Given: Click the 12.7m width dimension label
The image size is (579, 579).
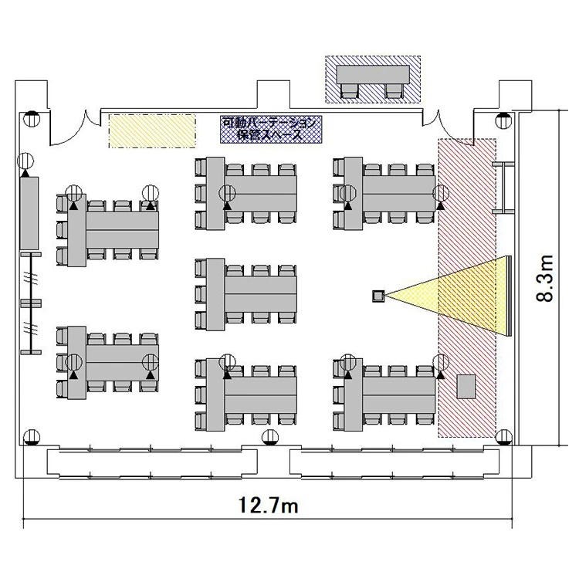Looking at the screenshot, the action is click(268, 505).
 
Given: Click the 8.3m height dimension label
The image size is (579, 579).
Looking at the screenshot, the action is click(545, 278).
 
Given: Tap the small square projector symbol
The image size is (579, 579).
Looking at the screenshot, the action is click(378, 296).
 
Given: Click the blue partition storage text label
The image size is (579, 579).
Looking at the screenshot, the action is click(271, 129).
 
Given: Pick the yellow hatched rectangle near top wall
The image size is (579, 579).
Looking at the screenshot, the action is click(152, 131).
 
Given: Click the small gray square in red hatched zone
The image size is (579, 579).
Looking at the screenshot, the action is click(466, 386).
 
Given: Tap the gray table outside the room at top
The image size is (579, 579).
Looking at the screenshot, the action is click(373, 75).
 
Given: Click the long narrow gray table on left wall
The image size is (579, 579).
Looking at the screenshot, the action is click(29, 213).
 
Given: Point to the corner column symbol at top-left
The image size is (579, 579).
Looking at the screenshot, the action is click(31, 119).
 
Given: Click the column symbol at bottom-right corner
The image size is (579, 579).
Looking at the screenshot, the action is click(503, 437).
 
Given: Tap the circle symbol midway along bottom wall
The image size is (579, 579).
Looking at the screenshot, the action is click(271, 437).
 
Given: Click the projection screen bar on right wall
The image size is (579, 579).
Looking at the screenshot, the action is click(510, 296).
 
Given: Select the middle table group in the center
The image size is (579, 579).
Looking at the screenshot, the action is click(246, 294).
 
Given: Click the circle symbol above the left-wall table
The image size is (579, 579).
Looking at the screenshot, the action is click(25, 161).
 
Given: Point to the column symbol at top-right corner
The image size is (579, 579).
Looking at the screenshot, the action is click(503, 120).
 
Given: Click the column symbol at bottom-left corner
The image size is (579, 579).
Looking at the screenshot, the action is click(32, 437).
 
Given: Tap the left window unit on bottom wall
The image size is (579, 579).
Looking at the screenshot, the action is click(152, 463).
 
